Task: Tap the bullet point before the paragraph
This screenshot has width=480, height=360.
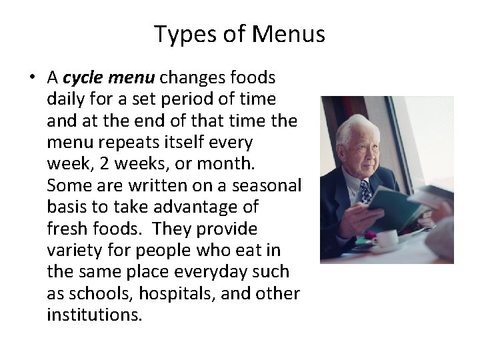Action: [x=31, y=78]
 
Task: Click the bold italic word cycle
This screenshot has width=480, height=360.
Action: [x=83, y=77]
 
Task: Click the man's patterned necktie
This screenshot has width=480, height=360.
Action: [x=366, y=193]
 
